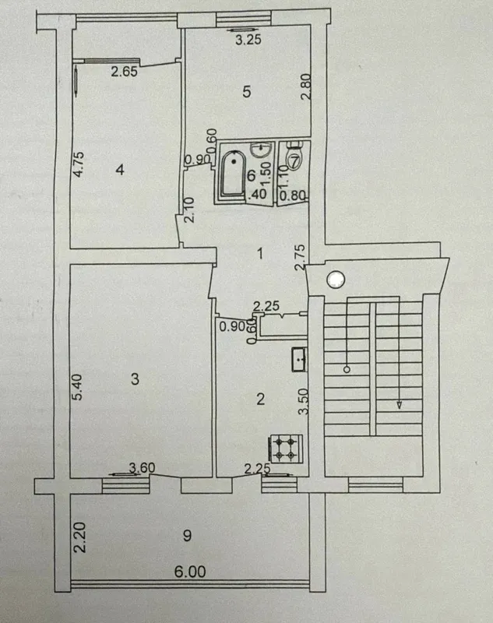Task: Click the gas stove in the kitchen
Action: point(286,448)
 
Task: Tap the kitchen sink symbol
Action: point(299,360)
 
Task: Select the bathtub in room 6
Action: point(233,174)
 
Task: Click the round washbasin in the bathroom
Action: point(261,150)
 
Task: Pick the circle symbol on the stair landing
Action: point(336,280)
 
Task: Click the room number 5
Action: point(247,92)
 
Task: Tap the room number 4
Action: point(120,170)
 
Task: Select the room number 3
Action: point(135,379)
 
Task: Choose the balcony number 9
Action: point(187,536)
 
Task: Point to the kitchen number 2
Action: point(261,399)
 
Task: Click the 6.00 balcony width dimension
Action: point(190,572)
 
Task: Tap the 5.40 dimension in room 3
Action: point(77,386)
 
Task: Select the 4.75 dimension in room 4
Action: point(78,164)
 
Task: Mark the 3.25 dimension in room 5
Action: point(248,40)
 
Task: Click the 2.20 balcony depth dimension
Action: point(79,537)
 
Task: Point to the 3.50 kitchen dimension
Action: point(304,402)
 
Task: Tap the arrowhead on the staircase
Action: point(399,405)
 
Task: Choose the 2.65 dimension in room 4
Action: point(124,72)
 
